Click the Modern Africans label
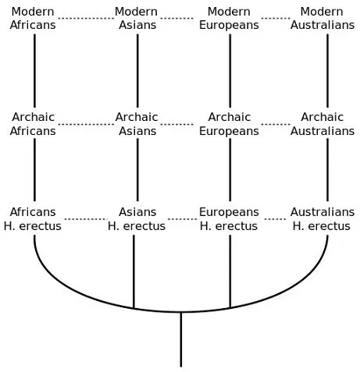(x=33, y=18)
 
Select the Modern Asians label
(x=137, y=18)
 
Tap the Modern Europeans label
(x=229, y=18)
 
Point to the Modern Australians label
(x=323, y=18)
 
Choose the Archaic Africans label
(x=33, y=124)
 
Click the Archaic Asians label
(x=137, y=124)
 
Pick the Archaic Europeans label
(x=229, y=124)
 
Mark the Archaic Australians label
(x=323, y=124)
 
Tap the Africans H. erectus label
(x=33, y=219)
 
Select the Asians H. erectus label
(x=137, y=219)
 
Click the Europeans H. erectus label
(x=229, y=219)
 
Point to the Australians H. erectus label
(x=323, y=219)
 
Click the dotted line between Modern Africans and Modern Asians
(x=86, y=18)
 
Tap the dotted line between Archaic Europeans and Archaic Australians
(x=276, y=124)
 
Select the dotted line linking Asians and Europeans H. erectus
(x=182, y=219)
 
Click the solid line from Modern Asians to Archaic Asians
(x=137, y=71)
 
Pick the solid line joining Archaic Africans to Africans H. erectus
(x=34, y=170)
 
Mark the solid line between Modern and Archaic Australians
(x=327, y=71)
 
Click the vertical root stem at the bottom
(x=181, y=339)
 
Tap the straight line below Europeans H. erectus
(x=230, y=271)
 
